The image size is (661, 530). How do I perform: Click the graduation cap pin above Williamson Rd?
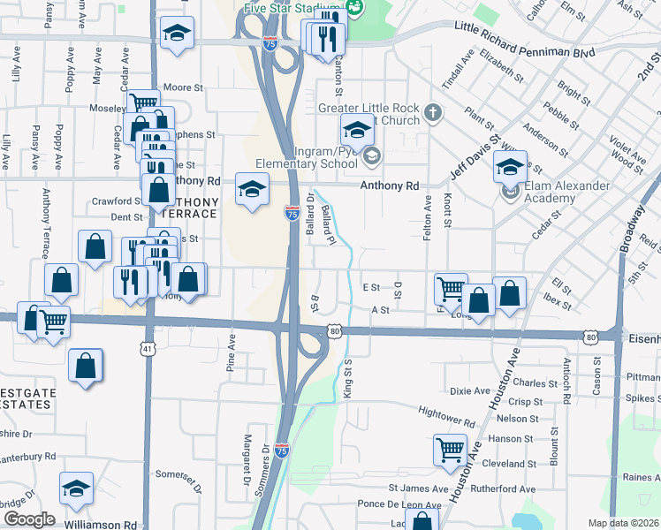[77, 488]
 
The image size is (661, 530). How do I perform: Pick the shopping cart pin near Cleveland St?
[450, 450]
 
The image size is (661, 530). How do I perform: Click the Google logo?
[29, 519]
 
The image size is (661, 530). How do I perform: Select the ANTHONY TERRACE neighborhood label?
[188, 207]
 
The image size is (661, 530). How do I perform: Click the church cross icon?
[432, 112]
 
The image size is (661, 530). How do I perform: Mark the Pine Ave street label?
[232, 352]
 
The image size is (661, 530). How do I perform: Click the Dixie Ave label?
[469, 390]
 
